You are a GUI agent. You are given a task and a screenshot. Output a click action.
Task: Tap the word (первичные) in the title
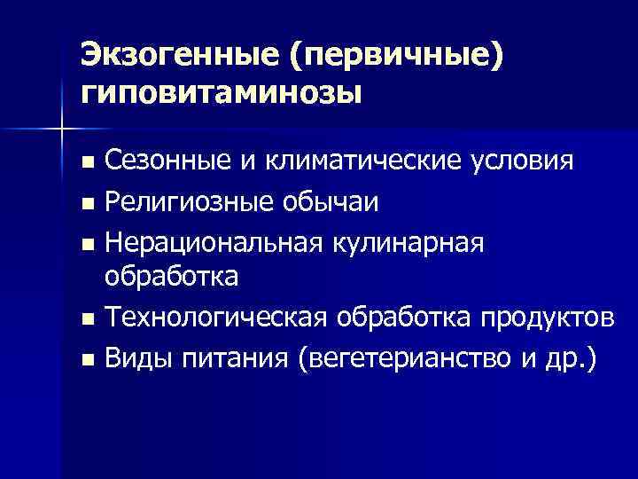click(395, 55)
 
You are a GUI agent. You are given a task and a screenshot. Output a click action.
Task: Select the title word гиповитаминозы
click(222, 91)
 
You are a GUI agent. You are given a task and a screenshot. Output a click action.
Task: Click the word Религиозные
click(188, 202)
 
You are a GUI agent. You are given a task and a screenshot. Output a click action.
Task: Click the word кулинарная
click(405, 241)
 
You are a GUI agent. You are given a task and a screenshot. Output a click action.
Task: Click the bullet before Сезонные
click(86, 164)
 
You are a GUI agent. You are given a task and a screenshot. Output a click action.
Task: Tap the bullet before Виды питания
click(86, 360)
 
